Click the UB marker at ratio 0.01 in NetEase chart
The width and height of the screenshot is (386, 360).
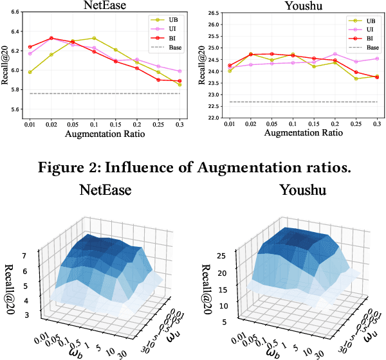[30, 72]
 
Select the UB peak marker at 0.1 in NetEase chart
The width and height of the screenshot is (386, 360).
[94, 39]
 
